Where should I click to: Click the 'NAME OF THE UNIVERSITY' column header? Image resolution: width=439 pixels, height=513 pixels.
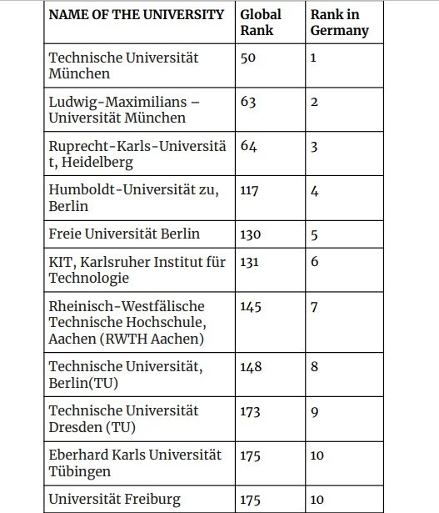(137, 14)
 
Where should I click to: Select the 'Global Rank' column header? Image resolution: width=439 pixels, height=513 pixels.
(260, 23)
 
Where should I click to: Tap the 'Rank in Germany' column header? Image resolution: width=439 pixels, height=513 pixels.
(340, 23)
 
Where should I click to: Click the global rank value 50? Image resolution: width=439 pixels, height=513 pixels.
(247, 58)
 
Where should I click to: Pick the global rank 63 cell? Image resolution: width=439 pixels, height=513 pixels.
(247, 103)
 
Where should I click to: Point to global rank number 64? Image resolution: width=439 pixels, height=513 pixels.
(247, 147)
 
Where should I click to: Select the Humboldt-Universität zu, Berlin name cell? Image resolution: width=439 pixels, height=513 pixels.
(134, 198)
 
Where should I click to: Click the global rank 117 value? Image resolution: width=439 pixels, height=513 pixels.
(248, 190)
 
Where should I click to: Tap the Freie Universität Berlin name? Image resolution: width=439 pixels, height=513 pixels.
(125, 234)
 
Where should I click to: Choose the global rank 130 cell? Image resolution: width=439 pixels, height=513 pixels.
(250, 235)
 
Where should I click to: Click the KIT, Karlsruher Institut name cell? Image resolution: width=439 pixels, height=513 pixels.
(137, 269)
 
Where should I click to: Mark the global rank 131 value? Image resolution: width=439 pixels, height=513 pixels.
(250, 263)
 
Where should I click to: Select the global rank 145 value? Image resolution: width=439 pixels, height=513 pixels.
(250, 307)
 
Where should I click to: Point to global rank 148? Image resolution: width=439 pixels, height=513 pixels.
(250, 368)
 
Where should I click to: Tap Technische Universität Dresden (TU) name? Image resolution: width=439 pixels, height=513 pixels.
(123, 419)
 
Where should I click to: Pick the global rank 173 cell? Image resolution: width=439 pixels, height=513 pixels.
(250, 412)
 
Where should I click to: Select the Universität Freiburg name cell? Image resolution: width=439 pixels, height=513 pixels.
(115, 500)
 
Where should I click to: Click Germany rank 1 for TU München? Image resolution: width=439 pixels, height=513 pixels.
(314, 58)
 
